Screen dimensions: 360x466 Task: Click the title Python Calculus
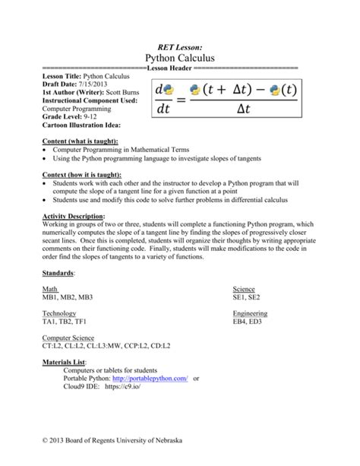tap(180, 58)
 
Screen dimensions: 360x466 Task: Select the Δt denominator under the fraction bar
tap(243, 111)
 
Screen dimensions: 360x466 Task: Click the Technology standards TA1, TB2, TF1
tap(65, 322)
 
